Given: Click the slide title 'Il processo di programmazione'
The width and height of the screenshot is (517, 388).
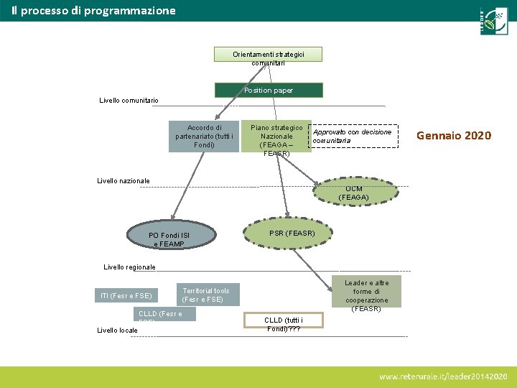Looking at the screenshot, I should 93,11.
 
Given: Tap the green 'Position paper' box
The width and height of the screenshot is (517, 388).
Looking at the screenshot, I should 269,91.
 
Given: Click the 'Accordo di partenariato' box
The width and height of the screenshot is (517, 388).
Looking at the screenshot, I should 204,137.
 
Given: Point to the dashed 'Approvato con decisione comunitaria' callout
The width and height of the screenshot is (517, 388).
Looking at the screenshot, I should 354,137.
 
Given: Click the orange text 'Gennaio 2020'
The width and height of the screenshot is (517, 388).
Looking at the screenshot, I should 454,136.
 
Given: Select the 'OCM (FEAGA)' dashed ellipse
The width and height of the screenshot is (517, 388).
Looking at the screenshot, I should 353,192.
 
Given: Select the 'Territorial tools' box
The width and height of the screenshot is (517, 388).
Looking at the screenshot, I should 207,295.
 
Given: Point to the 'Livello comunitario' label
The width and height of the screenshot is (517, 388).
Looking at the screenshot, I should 129,101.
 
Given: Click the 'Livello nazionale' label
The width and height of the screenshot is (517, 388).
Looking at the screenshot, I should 124,181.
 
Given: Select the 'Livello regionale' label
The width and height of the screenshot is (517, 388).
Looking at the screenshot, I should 129,267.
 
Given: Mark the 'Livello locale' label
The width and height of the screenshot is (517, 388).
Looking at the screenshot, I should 117,331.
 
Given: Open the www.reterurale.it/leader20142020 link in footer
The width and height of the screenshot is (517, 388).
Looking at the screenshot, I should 443,377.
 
